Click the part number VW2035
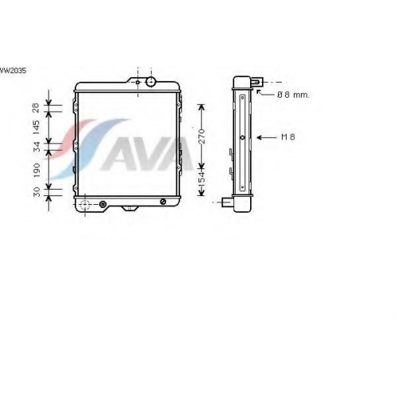coord(13,71)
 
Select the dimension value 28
coord(37,108)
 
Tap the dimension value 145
coord(37,127)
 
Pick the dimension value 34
coord(37,147)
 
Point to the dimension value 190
coord(37,170)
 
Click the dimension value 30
coord(37,192)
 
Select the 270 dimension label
coord(202,137)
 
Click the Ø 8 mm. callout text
coord(293,94)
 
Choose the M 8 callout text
coord(288,137)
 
